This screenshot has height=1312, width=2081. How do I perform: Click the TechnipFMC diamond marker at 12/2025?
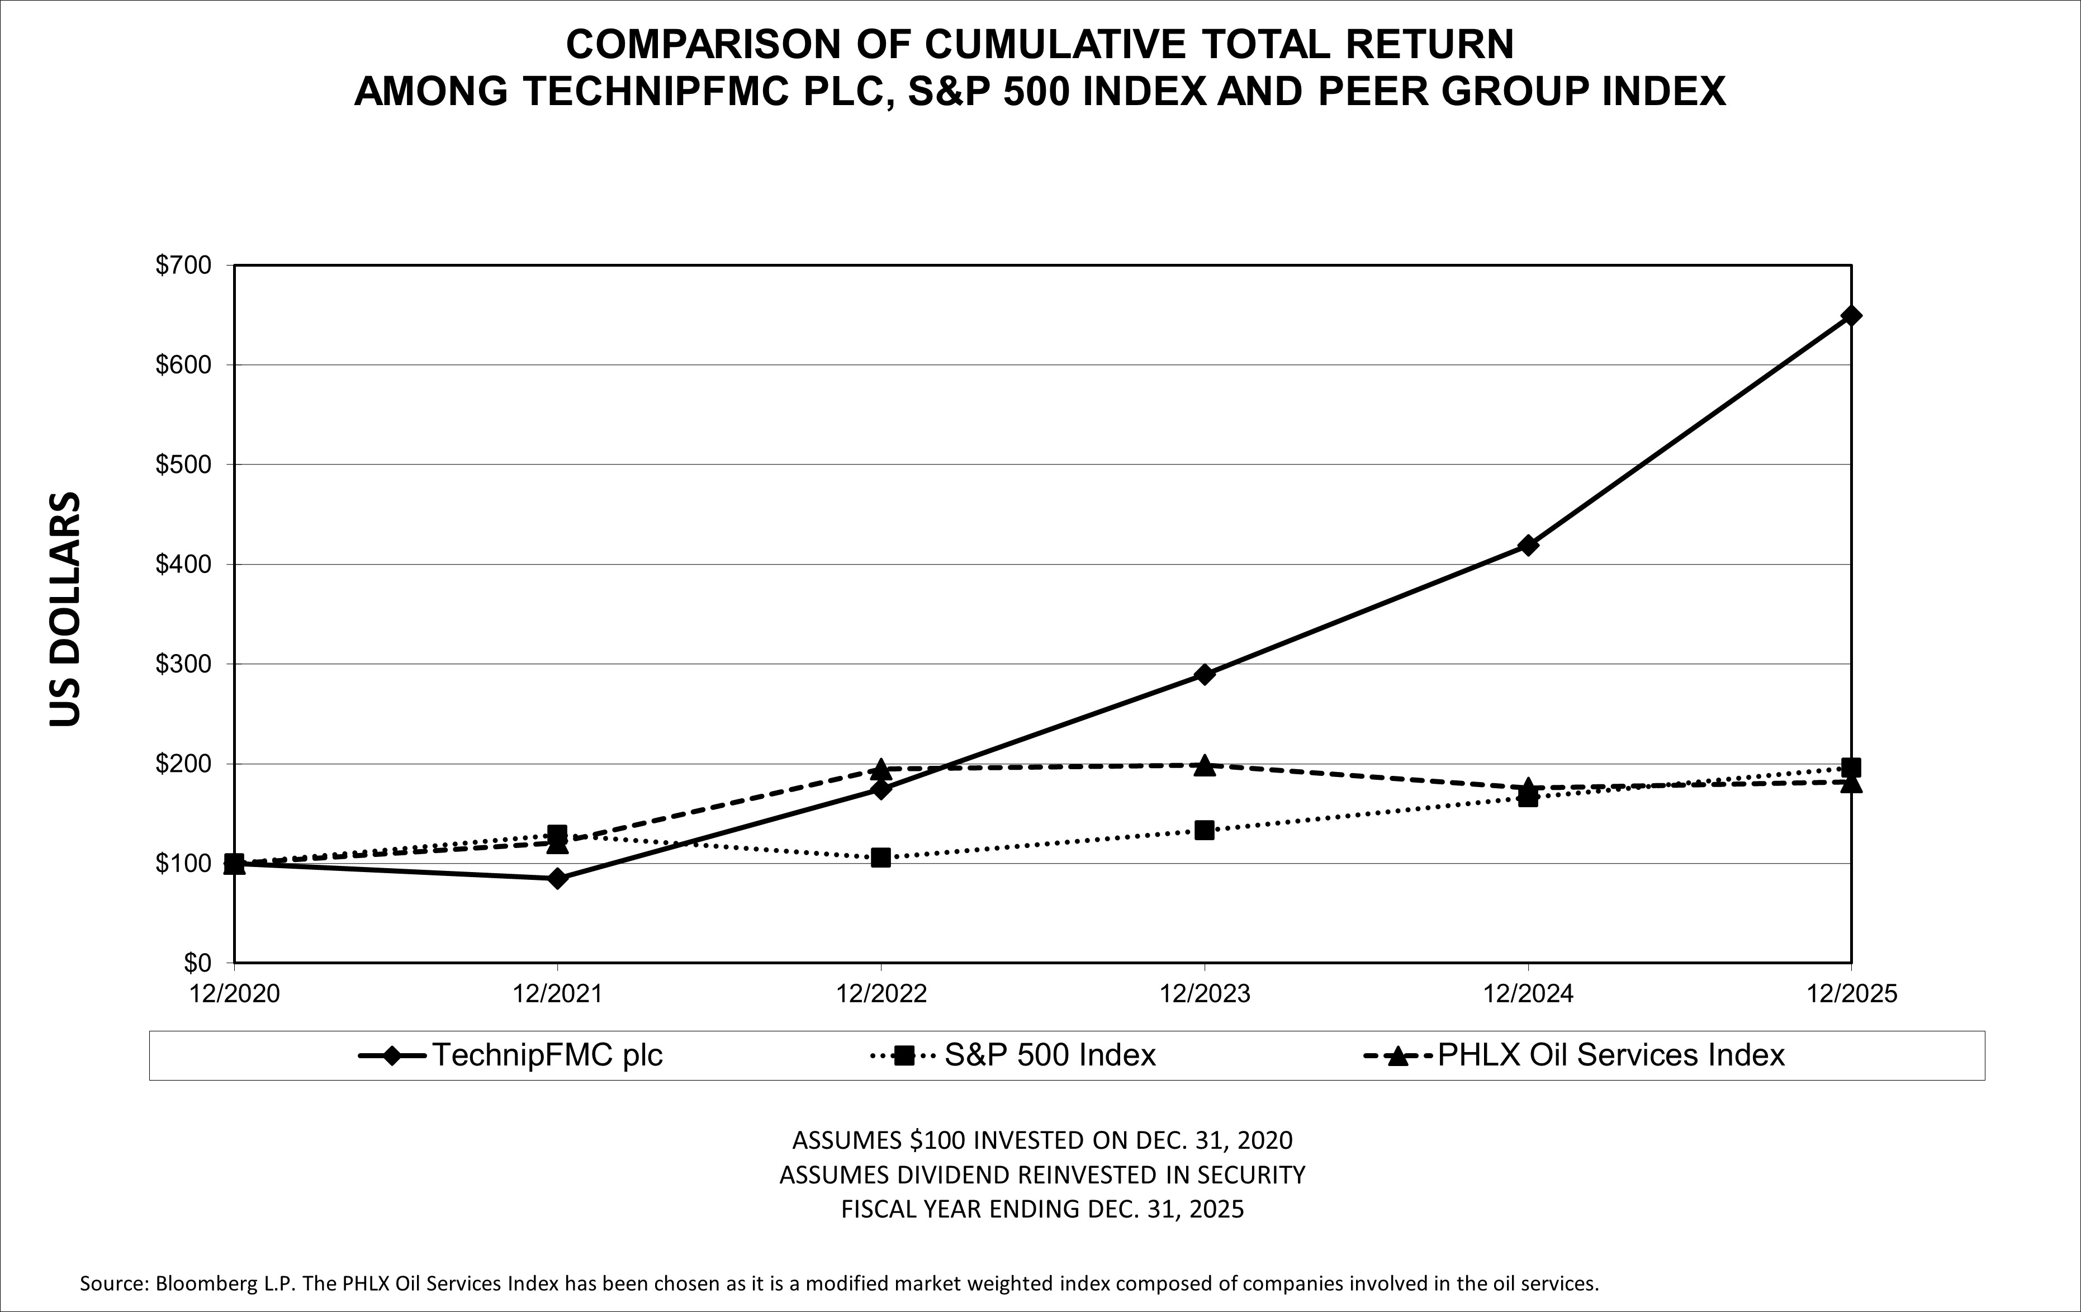coord(1850,315)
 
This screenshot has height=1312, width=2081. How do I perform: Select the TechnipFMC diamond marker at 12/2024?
coord(1527,546)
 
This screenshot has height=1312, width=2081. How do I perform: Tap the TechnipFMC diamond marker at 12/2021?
coord(557,879)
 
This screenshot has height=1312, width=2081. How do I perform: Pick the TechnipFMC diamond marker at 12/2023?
coord(1204,674)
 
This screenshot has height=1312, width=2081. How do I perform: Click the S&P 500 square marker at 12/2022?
coord(880,858)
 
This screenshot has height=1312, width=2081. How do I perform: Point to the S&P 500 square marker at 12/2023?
coord(1204,830)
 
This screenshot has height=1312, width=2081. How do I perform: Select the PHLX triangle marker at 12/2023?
coord(1204,766)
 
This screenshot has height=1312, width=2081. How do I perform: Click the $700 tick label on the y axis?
coord(182,266)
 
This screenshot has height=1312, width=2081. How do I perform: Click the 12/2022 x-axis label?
coord(880,994)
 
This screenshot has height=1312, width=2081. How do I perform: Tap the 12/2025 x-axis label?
coord(1850,994)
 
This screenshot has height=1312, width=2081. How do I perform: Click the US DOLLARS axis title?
coord(65,609)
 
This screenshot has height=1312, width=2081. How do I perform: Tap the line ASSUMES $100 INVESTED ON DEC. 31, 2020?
coord(1042,1140)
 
